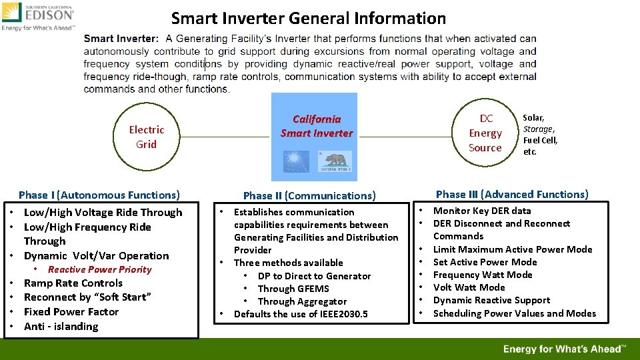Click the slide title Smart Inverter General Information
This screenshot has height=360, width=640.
(308, 18)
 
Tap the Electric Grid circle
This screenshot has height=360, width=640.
(146, 137)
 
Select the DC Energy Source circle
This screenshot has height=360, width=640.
(485, 133)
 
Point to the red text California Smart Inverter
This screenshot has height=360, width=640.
(316, 126)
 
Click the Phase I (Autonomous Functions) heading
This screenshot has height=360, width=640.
(99, 195)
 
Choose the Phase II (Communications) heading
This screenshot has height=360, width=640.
(309, 196)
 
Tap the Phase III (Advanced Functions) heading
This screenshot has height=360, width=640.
(512, 195)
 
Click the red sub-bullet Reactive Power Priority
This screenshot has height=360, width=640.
(99, 269)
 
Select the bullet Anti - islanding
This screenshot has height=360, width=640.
(61, 326)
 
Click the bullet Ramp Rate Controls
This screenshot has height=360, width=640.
(73, 283)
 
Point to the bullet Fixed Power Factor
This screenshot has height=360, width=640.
(71, 311)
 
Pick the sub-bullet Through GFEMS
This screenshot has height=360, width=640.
(293, 289)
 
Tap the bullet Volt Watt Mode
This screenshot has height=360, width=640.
(469, 287)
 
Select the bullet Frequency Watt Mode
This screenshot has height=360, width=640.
(483, 275)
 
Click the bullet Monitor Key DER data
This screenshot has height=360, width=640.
(482, 211)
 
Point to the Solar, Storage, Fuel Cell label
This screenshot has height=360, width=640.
(539, 135)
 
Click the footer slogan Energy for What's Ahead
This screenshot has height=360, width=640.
(564, 349)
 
